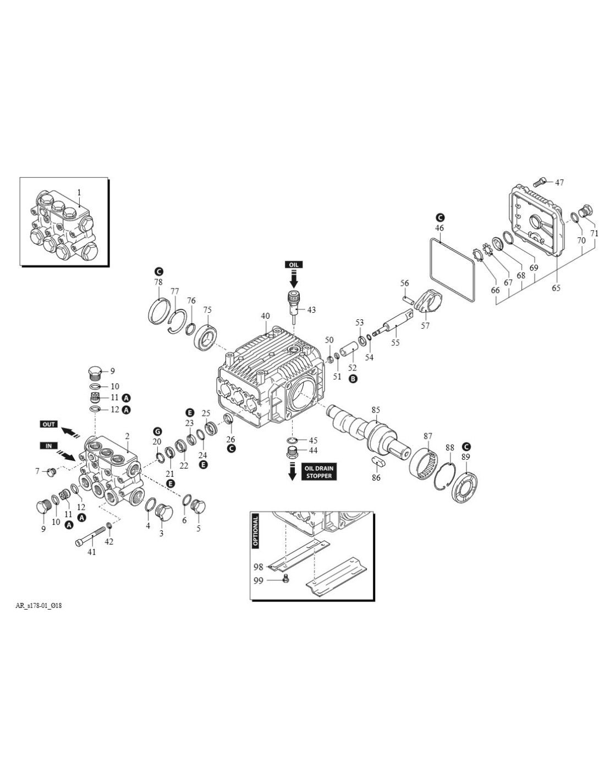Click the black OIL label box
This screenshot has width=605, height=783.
click(293, 265)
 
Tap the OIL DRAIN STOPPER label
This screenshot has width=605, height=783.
click(318, 472)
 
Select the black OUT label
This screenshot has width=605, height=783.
click(49, 424)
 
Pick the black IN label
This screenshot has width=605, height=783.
click(48, 445)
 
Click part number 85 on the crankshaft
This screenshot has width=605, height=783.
click(376, 410)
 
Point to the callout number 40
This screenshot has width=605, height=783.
click(265, 316)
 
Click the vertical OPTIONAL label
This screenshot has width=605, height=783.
click(255, 530)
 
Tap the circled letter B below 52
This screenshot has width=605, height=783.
click(353, 379)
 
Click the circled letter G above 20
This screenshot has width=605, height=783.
click(157, 431)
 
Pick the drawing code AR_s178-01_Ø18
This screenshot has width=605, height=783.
click(38, 606)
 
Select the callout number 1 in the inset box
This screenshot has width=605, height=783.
click(79, 193)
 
